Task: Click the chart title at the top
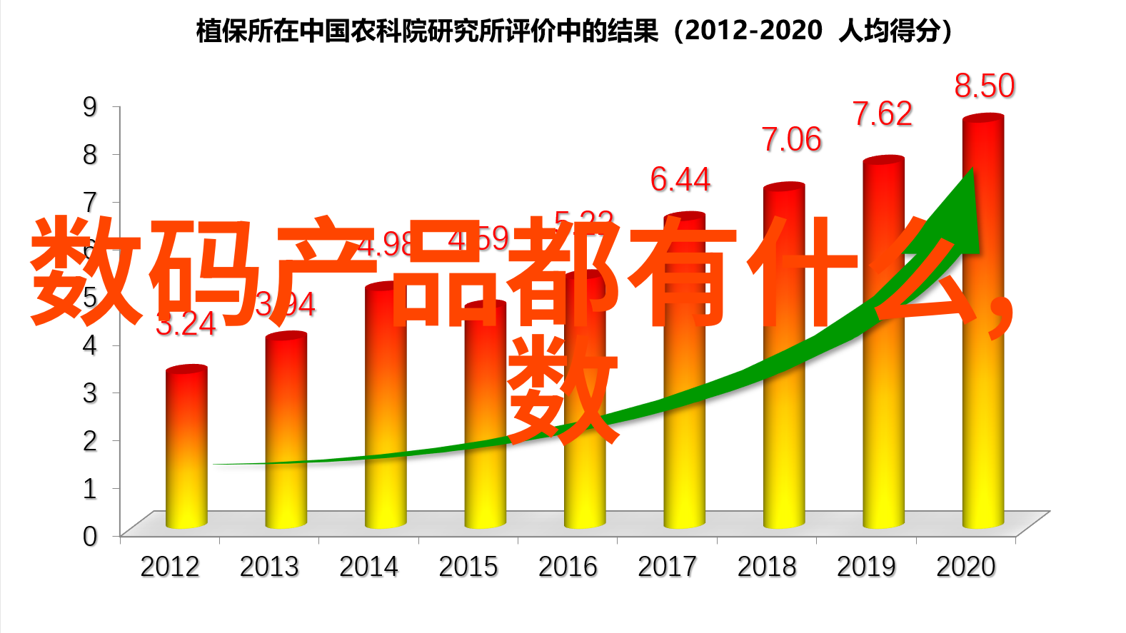click(x=574, y=31)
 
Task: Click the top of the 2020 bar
click(x=982, y=123)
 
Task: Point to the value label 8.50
click(x=984, y=86)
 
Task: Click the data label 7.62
click(x=883, y=114)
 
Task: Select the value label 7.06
click(x=791, y=140)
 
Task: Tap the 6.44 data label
click(x=680, y=179)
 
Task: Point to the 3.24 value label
click(x=186, y=325)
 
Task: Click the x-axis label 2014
click(x=368, y=567)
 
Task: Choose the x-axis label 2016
click(x=568, y=567)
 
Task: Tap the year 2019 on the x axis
click(x=866, y=567)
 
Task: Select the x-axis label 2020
click(x=965, y=567)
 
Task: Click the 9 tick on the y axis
click(x=90, y=107)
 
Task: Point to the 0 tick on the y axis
click(x=90, y=536)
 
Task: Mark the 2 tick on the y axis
click(x=90, y=440)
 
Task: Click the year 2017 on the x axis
click(x=667, y=567)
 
